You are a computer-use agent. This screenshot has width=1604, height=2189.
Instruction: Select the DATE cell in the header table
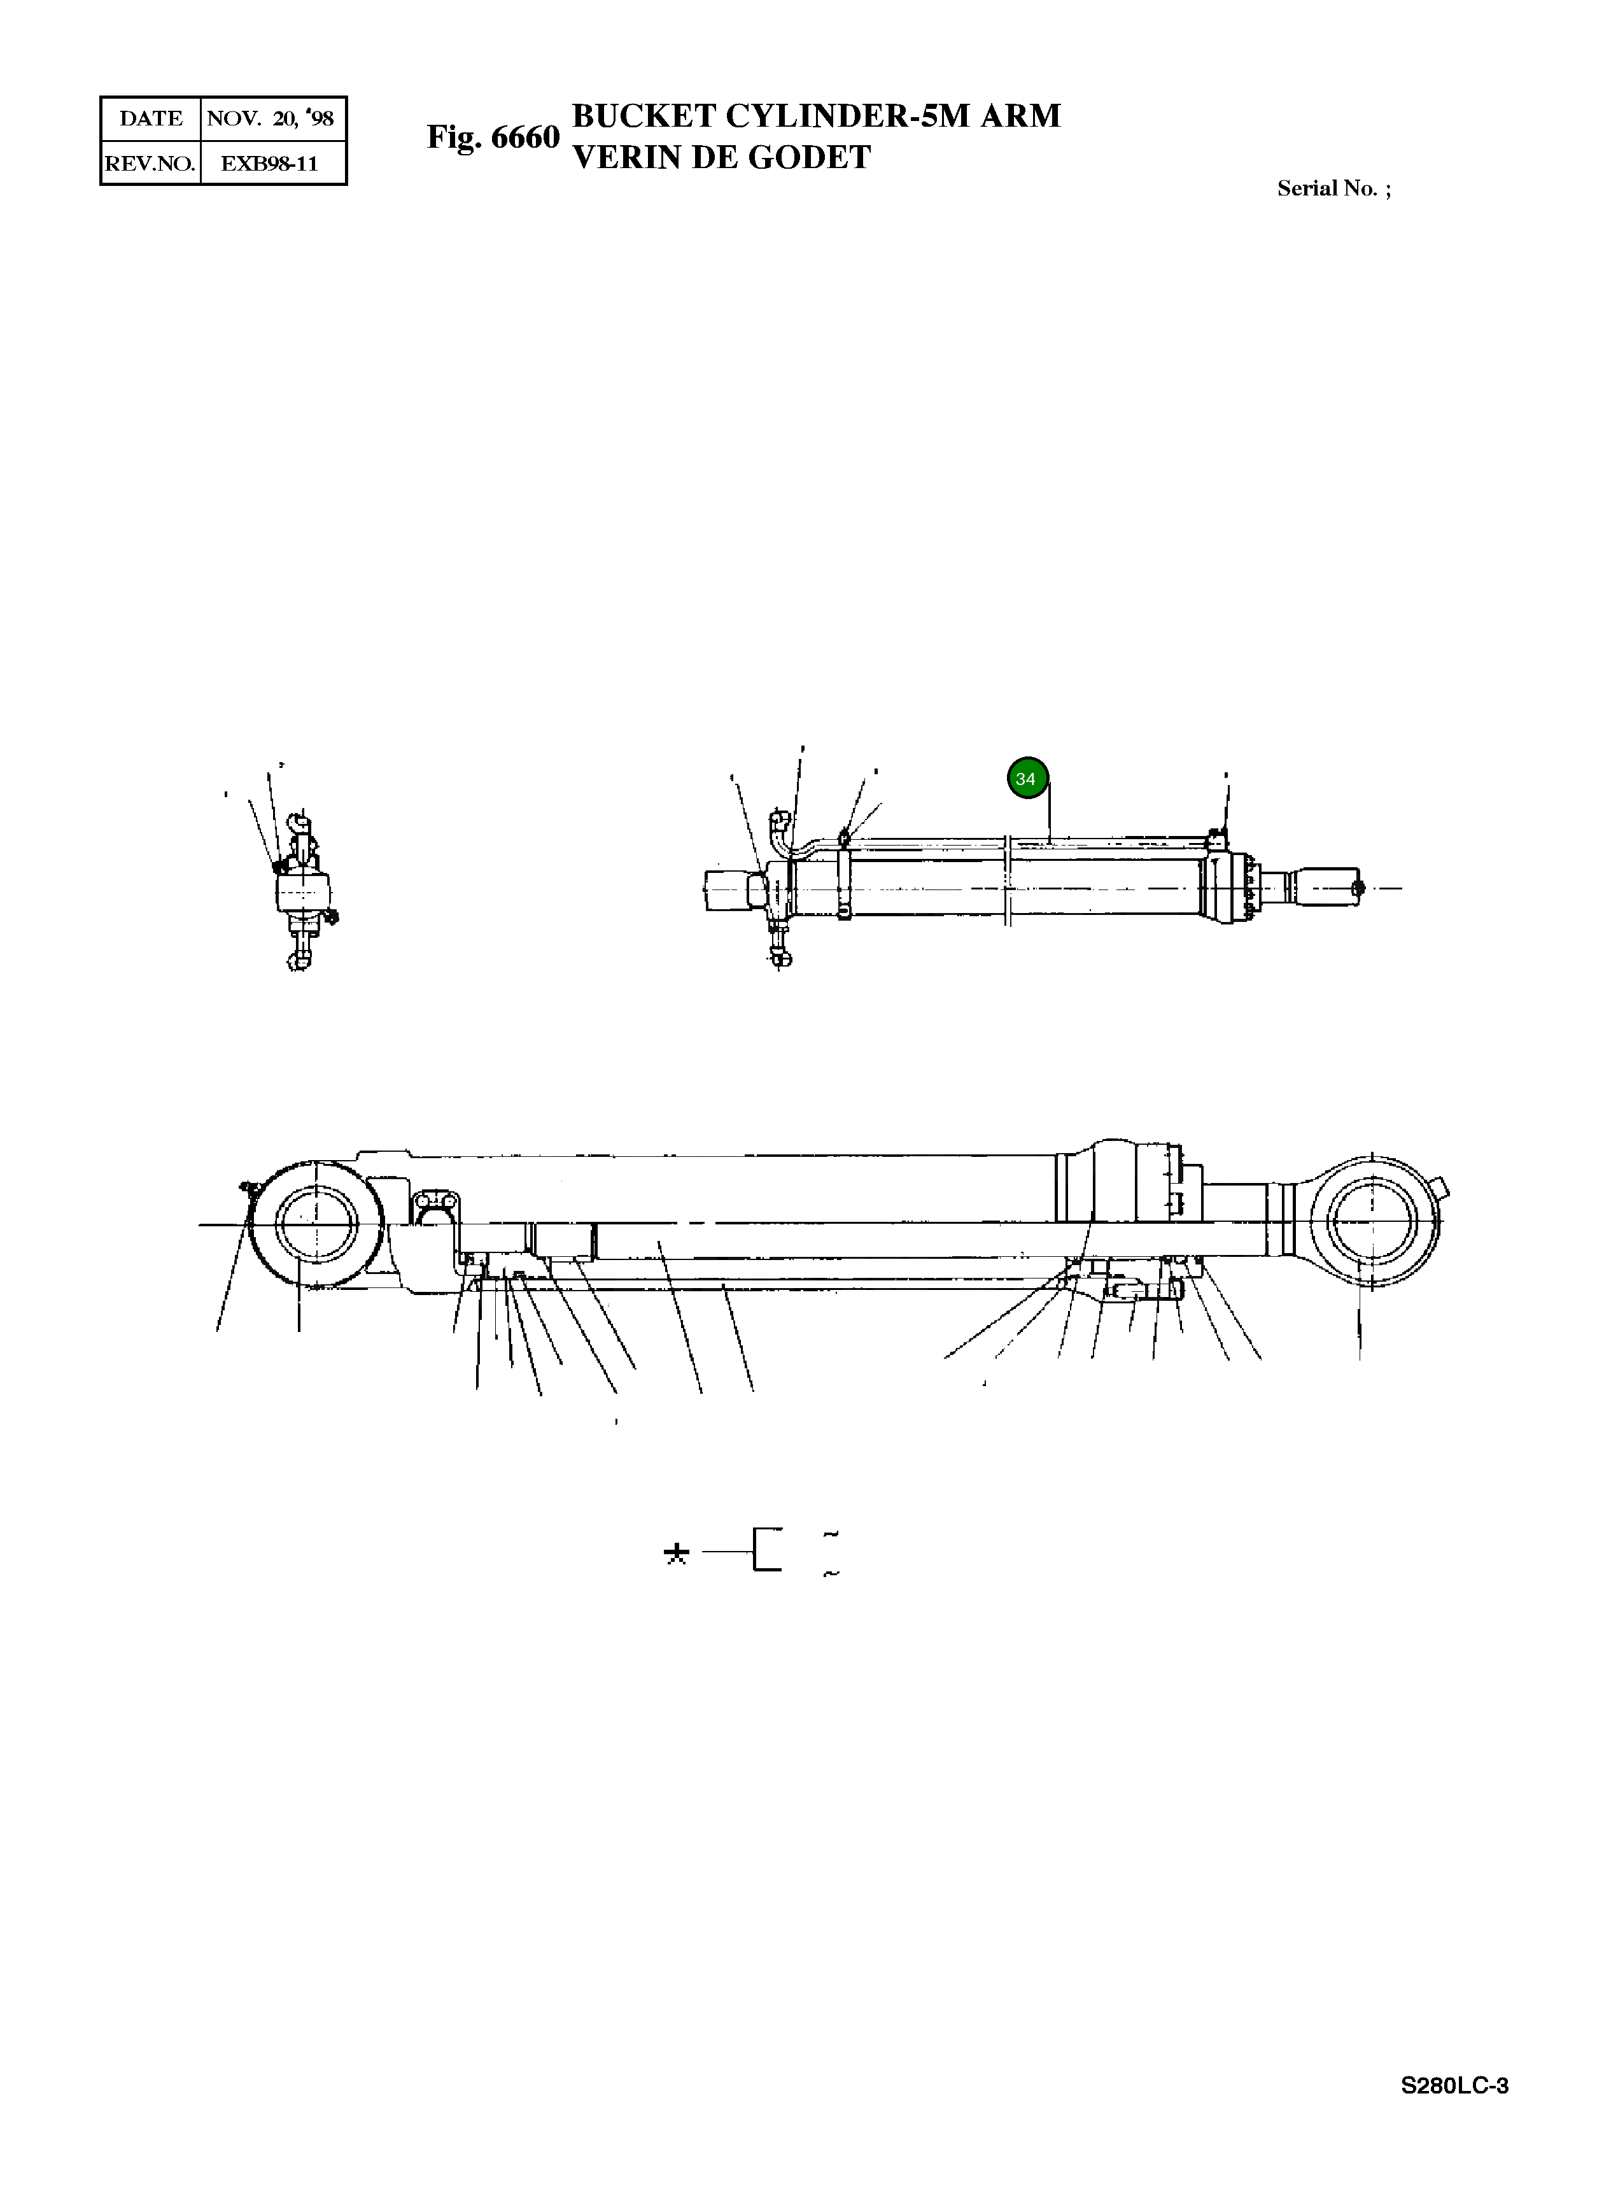point(150,118)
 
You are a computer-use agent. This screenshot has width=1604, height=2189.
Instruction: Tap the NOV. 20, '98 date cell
point(271,118)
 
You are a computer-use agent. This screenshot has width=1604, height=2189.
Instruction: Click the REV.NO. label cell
point(150,163)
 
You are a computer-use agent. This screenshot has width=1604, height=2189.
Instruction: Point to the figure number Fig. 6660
point(493,137)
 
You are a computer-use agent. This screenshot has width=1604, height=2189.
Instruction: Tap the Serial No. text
point(1332,188)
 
